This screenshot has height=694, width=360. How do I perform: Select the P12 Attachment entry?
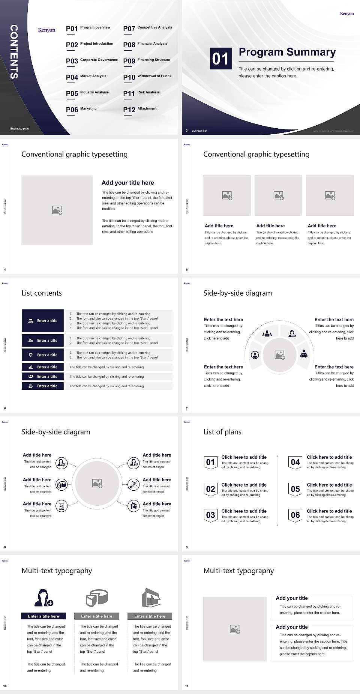click(140, 110)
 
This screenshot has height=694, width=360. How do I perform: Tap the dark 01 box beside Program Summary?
click(220, 59)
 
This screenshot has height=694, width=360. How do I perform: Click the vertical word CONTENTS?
click(13, 52)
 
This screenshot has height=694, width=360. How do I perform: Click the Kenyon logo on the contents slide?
click(46, 30)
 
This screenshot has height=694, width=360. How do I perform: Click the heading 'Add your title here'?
click(127, 183)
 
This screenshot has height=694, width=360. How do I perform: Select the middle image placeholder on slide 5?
click(278, 195)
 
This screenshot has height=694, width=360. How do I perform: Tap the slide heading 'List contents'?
click(42, 293)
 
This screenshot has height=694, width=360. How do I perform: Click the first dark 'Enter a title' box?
click(43, 321)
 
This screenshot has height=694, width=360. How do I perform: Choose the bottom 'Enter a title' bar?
click(43, 386)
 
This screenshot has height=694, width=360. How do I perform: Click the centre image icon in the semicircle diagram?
click(280, 355)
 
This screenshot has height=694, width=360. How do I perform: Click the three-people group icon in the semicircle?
click(267, 333)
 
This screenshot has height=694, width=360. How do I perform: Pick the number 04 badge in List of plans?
click(295, 462)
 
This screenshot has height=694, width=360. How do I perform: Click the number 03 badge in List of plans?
click(211, 515)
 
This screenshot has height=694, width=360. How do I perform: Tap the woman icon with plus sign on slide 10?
click(43, 598)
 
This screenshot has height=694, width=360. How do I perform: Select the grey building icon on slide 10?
click(151, 598)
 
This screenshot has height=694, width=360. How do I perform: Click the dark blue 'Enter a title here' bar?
click(43, 616)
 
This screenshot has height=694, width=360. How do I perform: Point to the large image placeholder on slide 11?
click(235, 629)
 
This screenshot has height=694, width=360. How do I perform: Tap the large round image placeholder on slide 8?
click(97, 484)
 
